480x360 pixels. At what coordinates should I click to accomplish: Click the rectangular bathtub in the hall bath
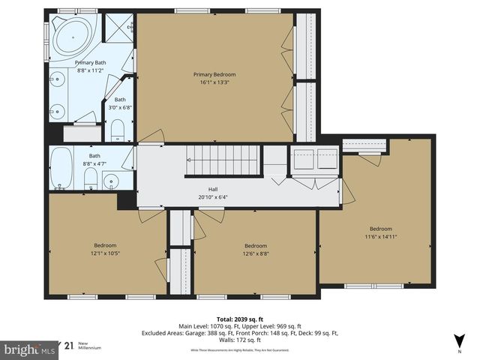pos(61,167)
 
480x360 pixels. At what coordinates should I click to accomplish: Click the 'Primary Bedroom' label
pos(214,74)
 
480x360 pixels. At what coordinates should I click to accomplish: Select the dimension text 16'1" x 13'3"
pos(214,82)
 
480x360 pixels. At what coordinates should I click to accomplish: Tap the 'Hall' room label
pos(213,189)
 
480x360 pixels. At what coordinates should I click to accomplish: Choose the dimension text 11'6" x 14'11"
pos(380,236)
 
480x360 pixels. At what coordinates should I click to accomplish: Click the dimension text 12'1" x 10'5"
pos(105,253)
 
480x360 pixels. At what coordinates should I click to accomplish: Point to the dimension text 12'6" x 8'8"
pos(256,253)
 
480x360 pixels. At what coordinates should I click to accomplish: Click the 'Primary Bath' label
pos(90,62)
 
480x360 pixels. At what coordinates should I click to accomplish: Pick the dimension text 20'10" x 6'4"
pos(213,197)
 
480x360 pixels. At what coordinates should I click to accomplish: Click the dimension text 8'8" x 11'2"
pos(90,70)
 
